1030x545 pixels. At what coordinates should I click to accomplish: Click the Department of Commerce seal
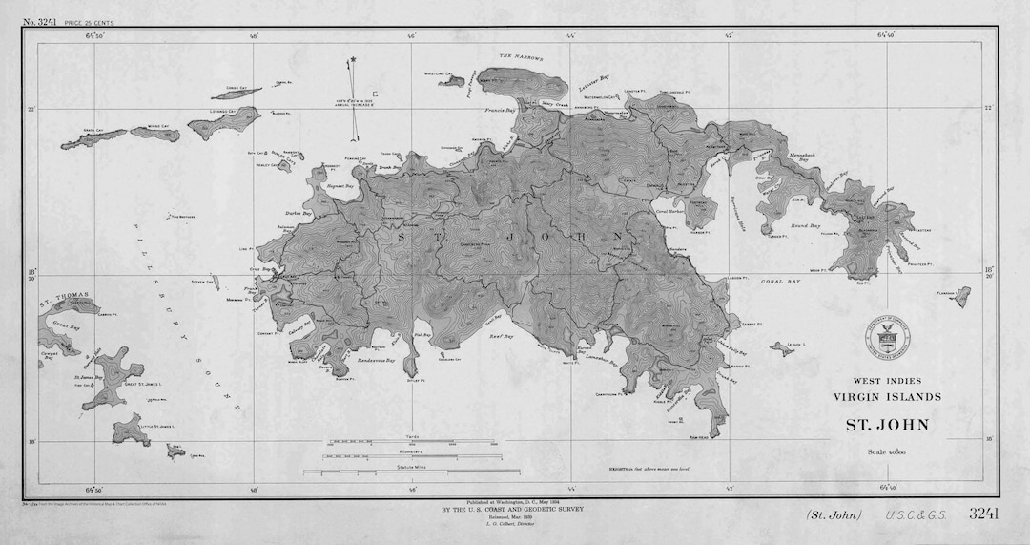click(x=888, y=337)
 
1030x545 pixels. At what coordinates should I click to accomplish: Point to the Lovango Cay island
click(x=225, y=123)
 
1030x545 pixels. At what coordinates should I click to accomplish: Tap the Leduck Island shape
click(x=782, y=349)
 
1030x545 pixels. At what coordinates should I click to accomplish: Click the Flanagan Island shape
click(x=961, y=298)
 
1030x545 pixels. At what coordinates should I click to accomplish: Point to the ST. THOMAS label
click(x=64, y=295)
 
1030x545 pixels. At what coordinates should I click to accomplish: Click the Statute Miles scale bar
click(x=411, y=472)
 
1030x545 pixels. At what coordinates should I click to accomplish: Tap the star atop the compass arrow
click(x=353, y=60)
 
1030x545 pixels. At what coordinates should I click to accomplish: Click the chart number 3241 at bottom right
click(x=982, y=514)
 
